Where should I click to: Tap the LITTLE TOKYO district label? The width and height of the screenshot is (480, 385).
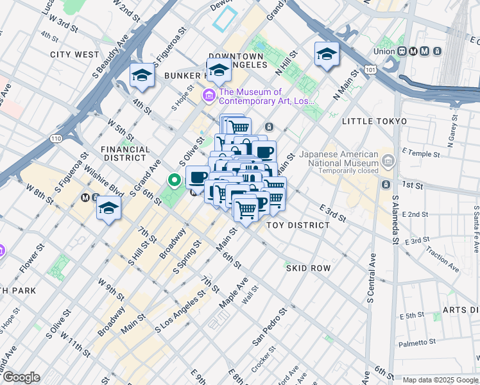[x=374, y=121]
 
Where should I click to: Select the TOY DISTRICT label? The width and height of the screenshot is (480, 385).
[x=298, y=225]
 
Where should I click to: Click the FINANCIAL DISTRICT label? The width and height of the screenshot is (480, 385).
[x=126, y=153]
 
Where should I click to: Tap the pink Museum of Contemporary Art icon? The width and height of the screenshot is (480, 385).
[x=209, y=96]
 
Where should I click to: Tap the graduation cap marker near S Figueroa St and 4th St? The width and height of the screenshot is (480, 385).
[x=142, y=75]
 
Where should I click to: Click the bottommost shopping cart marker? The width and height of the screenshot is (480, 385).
[x=246, y=209]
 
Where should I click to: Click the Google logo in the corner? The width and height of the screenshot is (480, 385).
[x=22, y=377]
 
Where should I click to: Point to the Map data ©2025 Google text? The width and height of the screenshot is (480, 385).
[x=440, y=380]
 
